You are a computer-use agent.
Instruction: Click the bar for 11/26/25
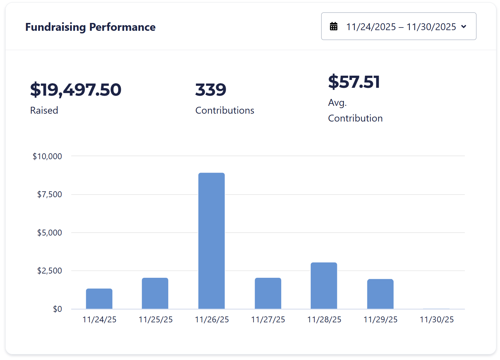coord(212,241)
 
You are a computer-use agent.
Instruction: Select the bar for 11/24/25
coord(99,299)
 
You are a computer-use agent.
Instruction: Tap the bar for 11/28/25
coord(324,286)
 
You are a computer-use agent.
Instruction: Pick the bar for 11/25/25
coord(155,293)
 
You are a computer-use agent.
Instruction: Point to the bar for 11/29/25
coord(380,294)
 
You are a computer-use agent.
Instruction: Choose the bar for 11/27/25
coord(268,293)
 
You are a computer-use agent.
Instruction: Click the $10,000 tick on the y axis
coord(47,157)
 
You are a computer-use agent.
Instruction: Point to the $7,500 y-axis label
coord(49,195)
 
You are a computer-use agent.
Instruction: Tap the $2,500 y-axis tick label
coord(49,271)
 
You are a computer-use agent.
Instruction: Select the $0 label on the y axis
coord(57,309)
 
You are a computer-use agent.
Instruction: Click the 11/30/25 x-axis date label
coord(436,320)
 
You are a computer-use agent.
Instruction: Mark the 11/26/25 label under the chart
coord(212,320)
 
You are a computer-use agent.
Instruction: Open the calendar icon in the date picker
coord(334,27)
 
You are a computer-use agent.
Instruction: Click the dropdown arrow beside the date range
coord(464,27)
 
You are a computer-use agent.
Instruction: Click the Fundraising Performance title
coord(90,27)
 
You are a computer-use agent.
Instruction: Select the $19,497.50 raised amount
coord(76,90)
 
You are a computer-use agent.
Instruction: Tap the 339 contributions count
coord(211,90)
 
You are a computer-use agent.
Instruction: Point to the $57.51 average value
coord(354,82)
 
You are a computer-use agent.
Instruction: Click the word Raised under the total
coord(44,110)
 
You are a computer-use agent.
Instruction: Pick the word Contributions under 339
coord(225,110)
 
